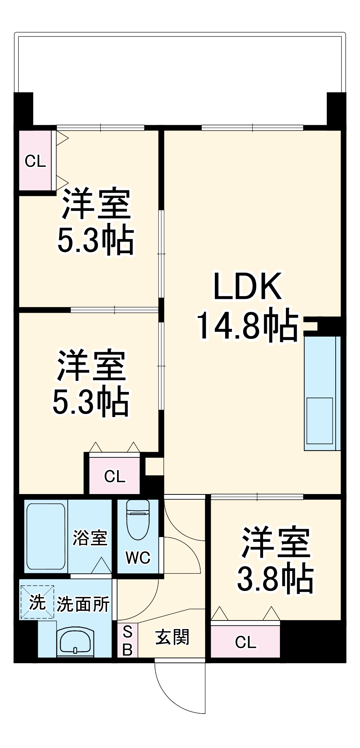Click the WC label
point(138,558)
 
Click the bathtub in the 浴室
point(46,536)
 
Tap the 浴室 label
point(90,538)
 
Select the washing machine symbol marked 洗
point(37,602)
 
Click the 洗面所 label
point(83,604)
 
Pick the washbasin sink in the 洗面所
point(75,642)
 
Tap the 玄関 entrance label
point(173,637)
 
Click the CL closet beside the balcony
point(35,161)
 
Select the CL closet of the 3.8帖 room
point(245,642)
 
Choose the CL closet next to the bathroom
point(115,476)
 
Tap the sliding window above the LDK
point(253,128)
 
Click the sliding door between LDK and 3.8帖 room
point(257,497)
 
